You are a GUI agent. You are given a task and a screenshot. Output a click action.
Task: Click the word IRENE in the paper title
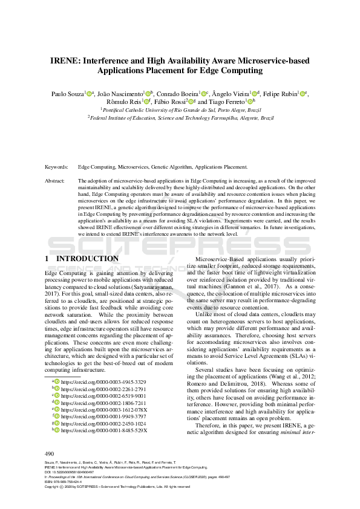click(x=64, y=60)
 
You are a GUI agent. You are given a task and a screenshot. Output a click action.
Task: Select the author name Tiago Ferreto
click(x=229, y=102)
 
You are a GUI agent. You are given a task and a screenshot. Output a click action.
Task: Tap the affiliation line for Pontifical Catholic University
click(x=180, y=111)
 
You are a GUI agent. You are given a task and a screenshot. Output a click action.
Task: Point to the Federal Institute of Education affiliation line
click(x=180, y=118)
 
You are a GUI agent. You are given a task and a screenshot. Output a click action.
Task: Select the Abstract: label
click(x=56, y=181)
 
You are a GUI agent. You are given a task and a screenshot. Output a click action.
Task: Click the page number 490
click(x=50, y=453)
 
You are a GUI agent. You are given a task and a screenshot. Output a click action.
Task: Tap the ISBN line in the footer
click(x=67, y=481)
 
